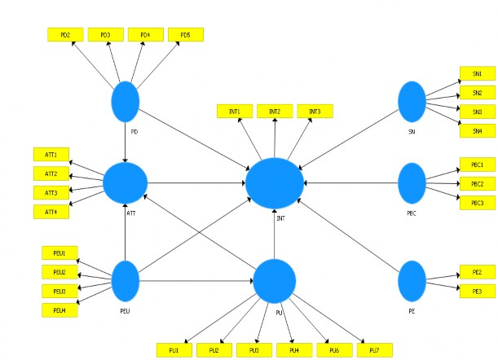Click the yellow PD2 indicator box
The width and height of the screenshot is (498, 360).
click(x=65, y=35)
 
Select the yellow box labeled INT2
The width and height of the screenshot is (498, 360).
click(x=275, y=111)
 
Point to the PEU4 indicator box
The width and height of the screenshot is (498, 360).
click(x=59, y=310)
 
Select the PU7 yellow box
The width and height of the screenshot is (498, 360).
click(x=373, y=350)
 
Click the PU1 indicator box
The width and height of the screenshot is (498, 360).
click(x=174, y=350)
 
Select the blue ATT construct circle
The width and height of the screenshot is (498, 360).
click(x=125, y=183)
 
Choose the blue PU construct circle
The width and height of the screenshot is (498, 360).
click(x=274, y=281)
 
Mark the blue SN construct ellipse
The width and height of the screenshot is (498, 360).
click(x=412, y=102)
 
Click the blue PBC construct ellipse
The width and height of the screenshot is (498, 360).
click(x=412, y=183)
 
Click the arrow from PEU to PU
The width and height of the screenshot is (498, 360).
click(x=196, y=281)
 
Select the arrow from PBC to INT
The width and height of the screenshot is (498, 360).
click(x=350, y=183)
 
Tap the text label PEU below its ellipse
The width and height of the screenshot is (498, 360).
click(x=126, y=311)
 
